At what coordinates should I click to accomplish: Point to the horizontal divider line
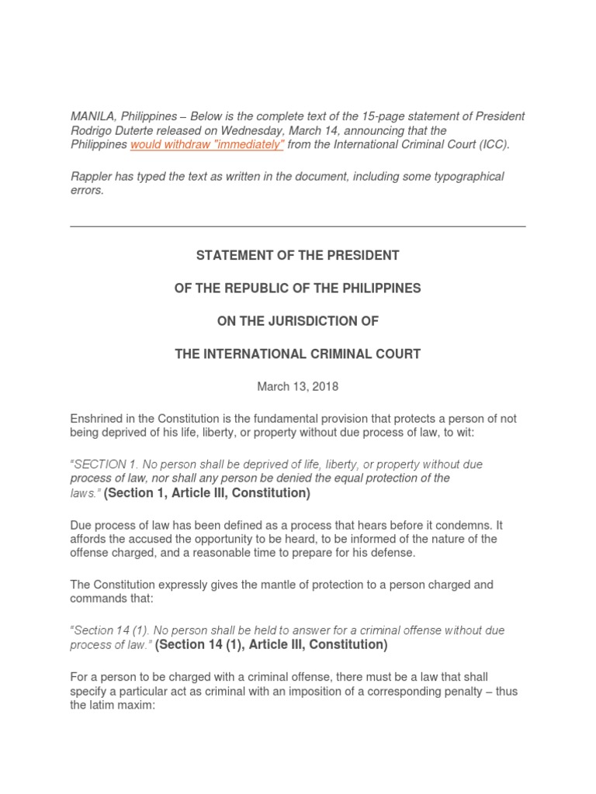298,226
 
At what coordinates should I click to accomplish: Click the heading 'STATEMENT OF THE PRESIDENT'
298,255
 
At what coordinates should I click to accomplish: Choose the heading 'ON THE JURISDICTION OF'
298,321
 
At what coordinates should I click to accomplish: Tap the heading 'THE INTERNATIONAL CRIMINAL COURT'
298,354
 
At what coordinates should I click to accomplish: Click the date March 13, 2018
298,386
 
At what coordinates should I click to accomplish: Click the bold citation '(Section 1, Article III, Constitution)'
207,493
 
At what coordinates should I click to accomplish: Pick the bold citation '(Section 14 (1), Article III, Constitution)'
271,644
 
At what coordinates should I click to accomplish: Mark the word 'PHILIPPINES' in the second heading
376,288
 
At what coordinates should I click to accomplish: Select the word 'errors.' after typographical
87,191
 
